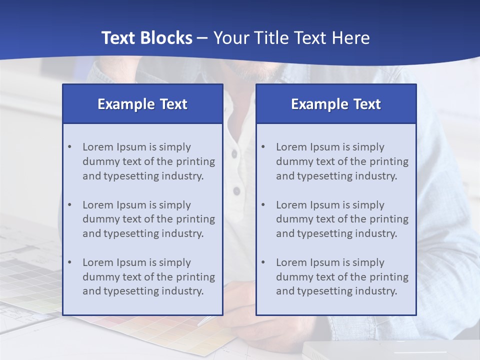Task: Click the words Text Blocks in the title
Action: pyautogui.click(x=146, y=38)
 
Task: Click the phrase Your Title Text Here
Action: pyautogui.click(x=291, y=38)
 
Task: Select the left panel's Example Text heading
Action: pyautogui.click(x=142, y=104)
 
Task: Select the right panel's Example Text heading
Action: pyautogui.click(x=336, y=104)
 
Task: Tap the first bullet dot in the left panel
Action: pyautogui.click(x=69, y=147)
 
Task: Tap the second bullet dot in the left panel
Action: pyautogui.click(x=69, y=205)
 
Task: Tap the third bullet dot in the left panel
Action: pyautogui.click(x=69, y=262)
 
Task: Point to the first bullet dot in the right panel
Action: pyautogui.click(x=263, y=147)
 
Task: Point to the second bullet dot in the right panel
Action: pyautogui.click(x=263, y=205)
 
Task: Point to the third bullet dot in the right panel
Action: pyautogui.click(x=263, y=262)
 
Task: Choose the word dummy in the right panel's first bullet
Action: pyautogui.click(x=292, y=161)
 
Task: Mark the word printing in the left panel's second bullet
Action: pyautogui.click(x=196, y=219)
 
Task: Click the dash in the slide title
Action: pyautogui.click(x=202, y=38)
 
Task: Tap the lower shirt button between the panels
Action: pyautogui.click(x=237, y=191)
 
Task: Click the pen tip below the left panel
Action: pyautogui.click(x=200, y=324)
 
